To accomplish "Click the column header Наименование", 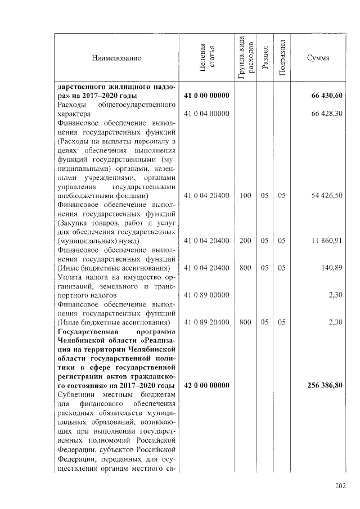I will pos(118,58).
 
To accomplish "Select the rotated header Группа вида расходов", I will pos(245,58).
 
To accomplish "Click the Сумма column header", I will pos(318,58).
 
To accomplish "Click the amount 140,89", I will pos(332,268).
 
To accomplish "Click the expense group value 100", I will pos(245,196).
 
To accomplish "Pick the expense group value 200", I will pos(245,241).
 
